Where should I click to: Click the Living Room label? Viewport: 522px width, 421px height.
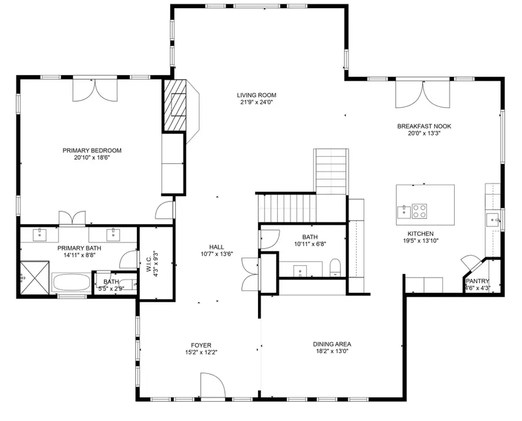256,95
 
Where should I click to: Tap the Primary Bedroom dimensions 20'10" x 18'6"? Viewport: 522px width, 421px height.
92,157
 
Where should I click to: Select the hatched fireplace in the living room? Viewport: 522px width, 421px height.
176,106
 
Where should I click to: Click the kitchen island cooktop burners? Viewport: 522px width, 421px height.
419,211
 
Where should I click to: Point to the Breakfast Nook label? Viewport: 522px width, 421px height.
424,126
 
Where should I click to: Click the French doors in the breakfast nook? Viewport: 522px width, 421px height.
422,94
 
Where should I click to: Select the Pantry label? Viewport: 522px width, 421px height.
477,280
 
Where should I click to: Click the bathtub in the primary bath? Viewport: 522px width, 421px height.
71,284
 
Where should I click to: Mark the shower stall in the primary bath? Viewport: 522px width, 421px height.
33,277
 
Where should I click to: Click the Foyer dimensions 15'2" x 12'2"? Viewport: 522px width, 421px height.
201,352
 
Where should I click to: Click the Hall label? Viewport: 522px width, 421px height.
216,247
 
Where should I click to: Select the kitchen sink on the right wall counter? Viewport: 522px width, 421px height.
492,219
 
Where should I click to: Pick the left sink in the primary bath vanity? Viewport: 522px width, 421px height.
40,234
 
